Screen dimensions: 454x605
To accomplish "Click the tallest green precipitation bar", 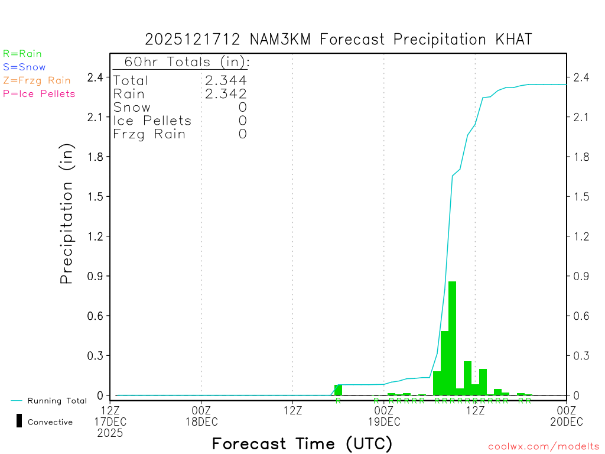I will click(452, 337).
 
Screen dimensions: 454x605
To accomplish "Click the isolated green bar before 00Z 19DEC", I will click(338, 390).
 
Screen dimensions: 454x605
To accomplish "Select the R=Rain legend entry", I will click(22, 54).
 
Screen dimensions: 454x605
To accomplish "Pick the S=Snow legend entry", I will click(24, 67).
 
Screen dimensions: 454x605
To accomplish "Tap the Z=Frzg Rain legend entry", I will click(37, 80).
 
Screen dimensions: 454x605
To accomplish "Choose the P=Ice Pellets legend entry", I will click(39, 93).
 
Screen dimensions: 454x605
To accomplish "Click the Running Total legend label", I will click(57, 401).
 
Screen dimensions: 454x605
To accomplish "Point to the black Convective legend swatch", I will click(19, 421).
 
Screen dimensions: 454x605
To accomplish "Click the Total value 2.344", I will click(226, 80).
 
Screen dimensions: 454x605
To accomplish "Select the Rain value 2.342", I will click(226, 93).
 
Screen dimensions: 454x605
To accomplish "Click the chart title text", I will click(339, 40).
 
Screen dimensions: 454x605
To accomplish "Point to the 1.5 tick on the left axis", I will click(96, 196).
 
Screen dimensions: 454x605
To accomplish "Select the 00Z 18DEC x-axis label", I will click(201, 415).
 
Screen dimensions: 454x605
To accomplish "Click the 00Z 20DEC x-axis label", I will click(567, 415).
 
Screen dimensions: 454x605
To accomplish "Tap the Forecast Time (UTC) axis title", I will click(302, 443).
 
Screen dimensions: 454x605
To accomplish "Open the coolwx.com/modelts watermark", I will click(544, 446).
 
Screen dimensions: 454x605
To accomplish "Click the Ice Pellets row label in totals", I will click(152, 121).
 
